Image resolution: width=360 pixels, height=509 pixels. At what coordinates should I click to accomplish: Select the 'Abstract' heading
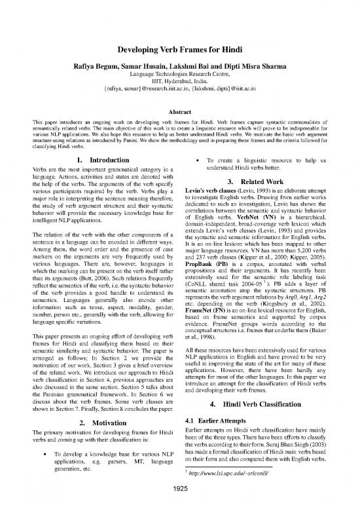(x=180, y=130)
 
